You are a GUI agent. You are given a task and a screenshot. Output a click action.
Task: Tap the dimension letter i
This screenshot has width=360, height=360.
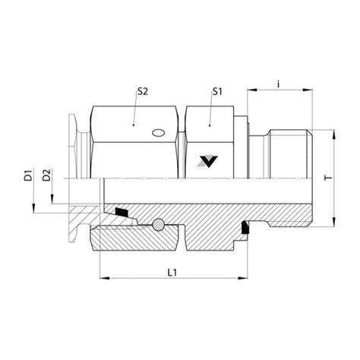[x=279, y=82]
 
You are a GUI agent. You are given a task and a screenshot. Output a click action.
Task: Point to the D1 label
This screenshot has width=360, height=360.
[x=28, y=176]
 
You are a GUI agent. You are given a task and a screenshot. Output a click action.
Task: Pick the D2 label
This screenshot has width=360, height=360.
[x=47, y=176]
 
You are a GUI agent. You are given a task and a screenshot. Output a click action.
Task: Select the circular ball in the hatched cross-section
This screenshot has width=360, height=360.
[x=158, y=225]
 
